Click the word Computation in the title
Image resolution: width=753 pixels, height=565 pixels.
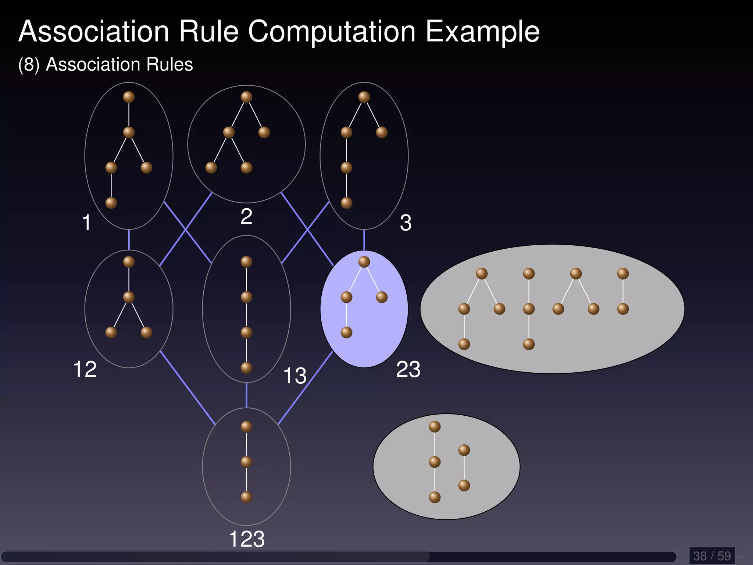[332, 32]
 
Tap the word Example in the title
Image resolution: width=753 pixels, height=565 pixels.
[482, 32]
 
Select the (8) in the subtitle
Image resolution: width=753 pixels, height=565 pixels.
[29, 65]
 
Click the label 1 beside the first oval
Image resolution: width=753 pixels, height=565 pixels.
[86, 223]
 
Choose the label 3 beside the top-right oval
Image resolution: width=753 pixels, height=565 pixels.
[406, 223]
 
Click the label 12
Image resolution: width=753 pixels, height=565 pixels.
[85, 369]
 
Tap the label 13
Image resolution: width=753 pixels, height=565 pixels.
[295, 376]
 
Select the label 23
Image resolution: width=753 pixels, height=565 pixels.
[408, 369]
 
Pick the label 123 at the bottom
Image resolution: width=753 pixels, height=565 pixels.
[246, 539]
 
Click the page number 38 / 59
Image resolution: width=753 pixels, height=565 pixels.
[712, 556]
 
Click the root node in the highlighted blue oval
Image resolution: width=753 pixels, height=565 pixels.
[364, 262]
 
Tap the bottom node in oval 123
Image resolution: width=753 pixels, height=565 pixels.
[246, 497]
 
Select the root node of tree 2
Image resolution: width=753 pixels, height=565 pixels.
[246, 97]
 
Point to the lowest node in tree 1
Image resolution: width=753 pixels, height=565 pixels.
[111, 203]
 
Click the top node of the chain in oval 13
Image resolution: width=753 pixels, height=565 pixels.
[246, 262]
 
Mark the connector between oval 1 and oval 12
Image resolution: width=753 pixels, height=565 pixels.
[129, 239]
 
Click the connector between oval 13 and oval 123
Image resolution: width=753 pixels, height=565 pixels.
[246, 395]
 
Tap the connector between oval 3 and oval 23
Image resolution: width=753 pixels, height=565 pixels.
[364, 239]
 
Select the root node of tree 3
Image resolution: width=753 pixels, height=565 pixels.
[364, 97]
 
